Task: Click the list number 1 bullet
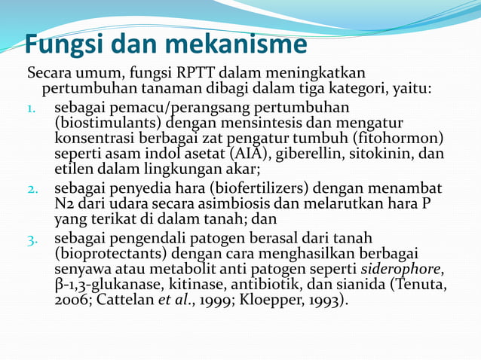pos(32,108)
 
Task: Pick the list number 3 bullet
pos(34,240)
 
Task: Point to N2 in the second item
pos(63,203)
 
